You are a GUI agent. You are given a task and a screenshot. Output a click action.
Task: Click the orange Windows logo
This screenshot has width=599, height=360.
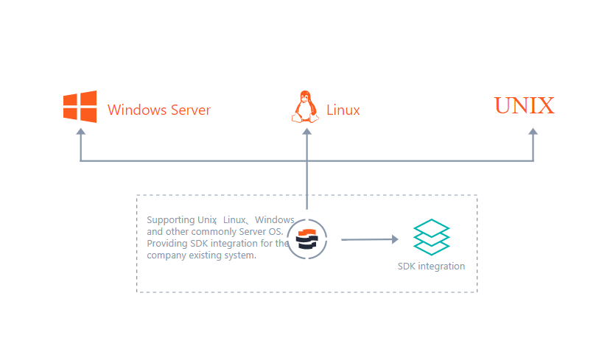coord(80,107)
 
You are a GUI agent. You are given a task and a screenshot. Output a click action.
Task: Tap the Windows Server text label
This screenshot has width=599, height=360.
coord(159,110)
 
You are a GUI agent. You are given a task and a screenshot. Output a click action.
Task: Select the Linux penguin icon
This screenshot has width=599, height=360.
coord(306,107)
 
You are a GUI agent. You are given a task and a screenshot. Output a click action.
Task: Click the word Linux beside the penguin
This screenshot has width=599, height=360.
coord(343,110)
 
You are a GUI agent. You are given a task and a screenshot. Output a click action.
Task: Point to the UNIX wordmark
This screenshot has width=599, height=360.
coord(524,106)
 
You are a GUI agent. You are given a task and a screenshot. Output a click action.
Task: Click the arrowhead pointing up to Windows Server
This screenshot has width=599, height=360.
coord(81,133)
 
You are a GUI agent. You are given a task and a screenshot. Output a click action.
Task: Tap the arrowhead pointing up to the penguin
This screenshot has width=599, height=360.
coord(306,133)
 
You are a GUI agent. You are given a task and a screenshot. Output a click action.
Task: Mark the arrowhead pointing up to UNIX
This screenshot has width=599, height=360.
coord(533,133)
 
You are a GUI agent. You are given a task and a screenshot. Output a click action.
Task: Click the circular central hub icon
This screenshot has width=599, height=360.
coord(306,239)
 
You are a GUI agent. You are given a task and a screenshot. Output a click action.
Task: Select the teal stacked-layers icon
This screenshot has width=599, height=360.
coord(431,237)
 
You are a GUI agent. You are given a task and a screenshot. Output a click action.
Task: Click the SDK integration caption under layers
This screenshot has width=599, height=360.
coord(431,267)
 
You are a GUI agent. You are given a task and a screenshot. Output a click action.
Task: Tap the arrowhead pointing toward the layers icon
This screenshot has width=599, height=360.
coord(394,239)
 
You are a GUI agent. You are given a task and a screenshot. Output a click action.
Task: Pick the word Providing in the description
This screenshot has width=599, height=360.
coord(167,244)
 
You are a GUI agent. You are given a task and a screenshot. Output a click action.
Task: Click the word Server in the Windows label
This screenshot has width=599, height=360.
coord(189,110)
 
